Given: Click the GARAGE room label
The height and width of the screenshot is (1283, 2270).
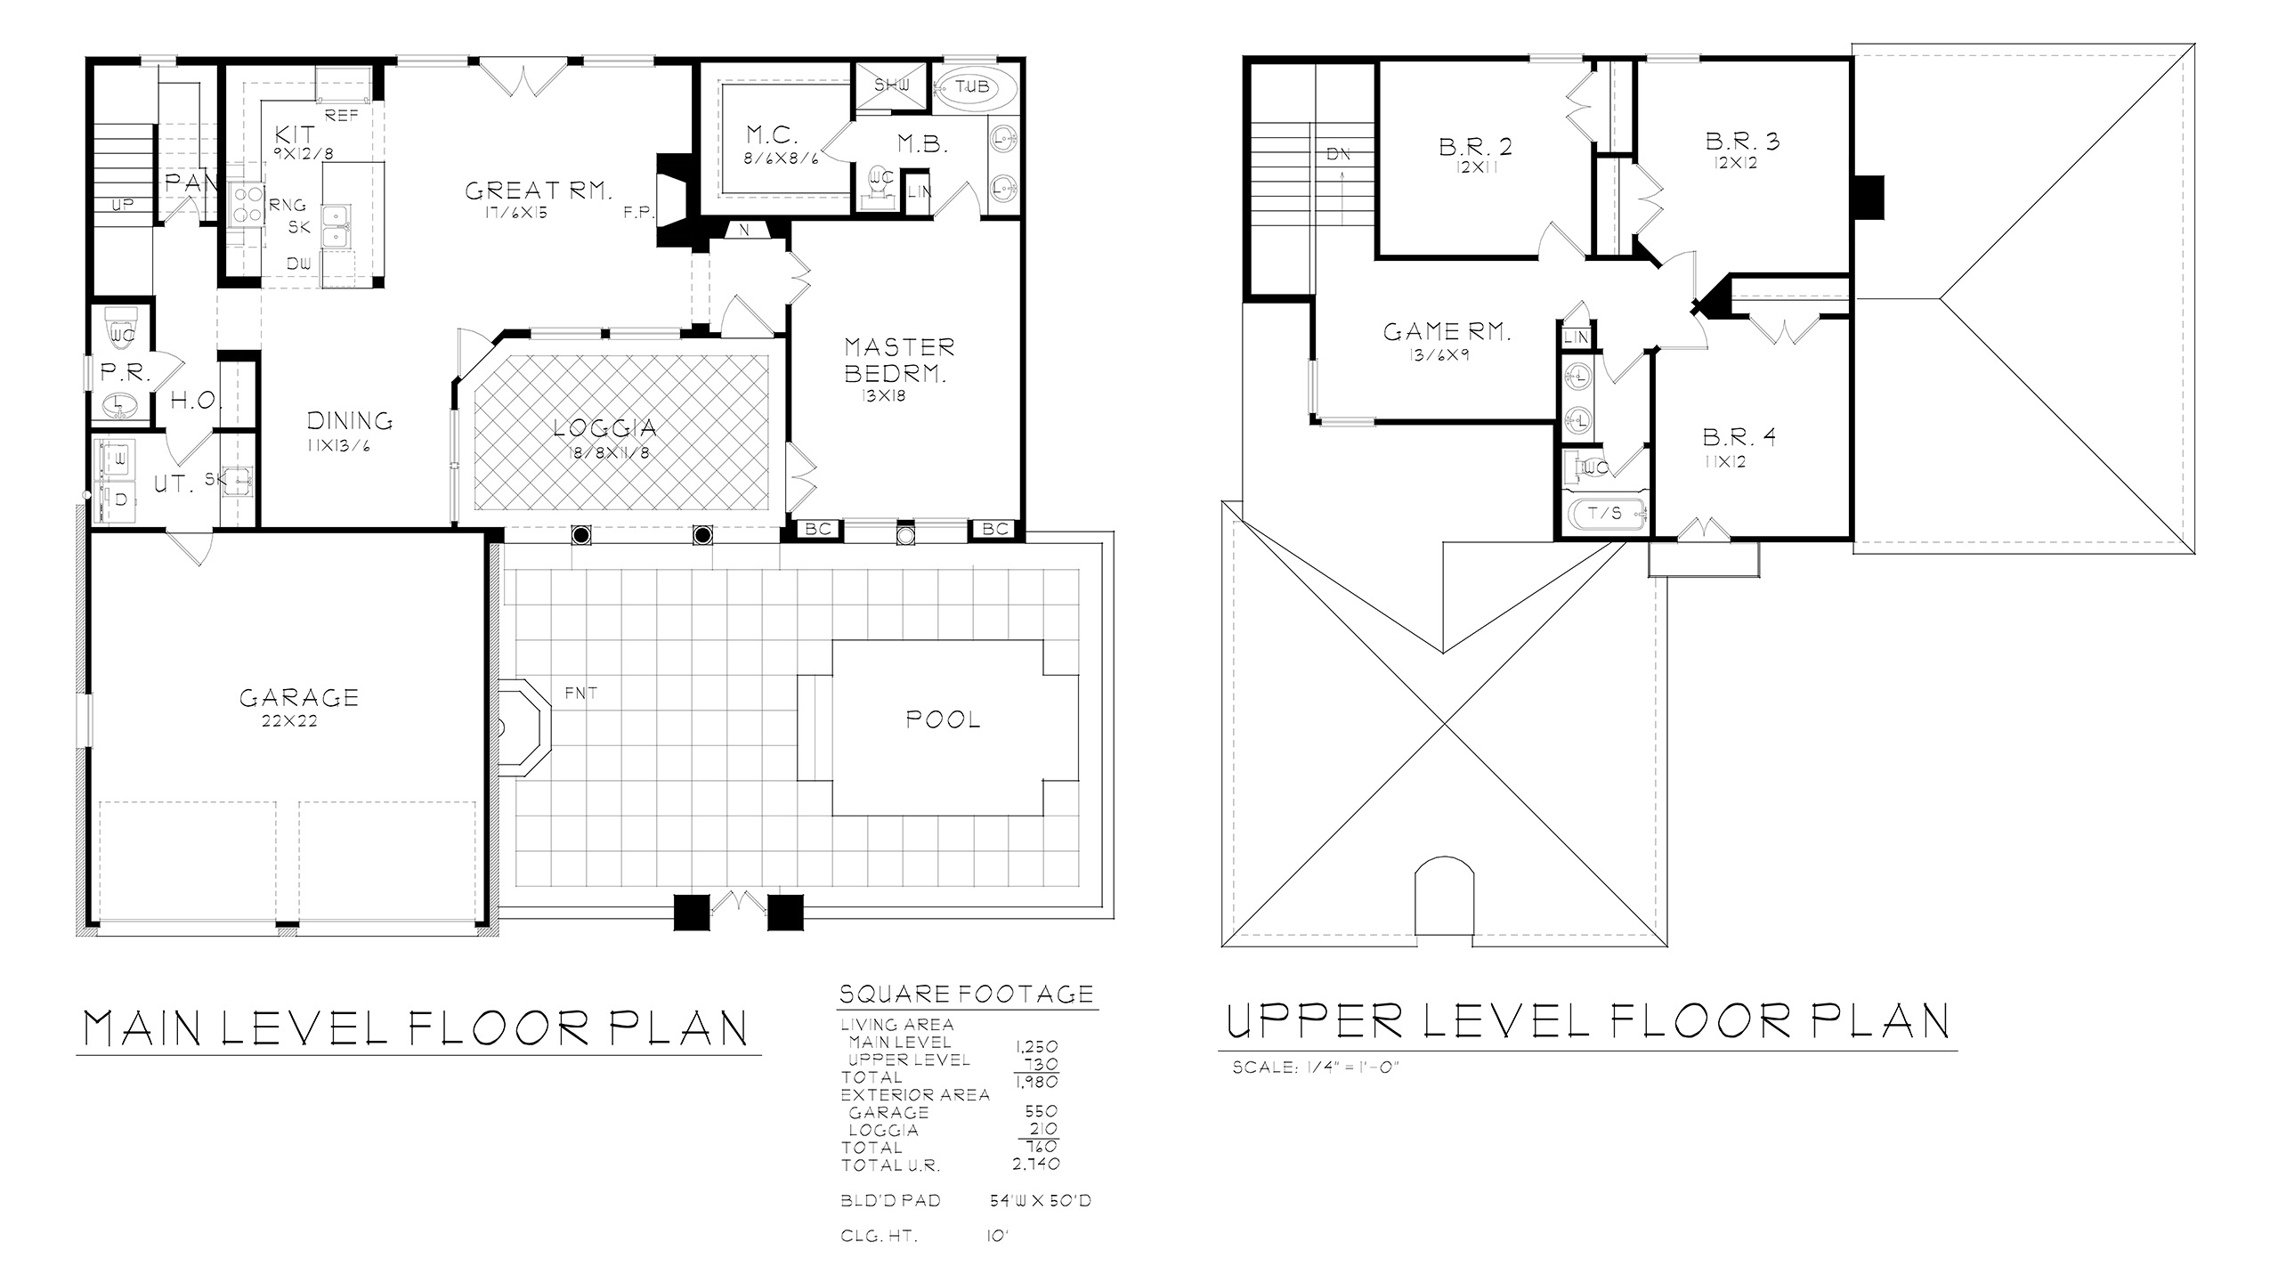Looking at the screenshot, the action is point(299,697).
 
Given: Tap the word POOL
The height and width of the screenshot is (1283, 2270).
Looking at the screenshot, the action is point(943,719).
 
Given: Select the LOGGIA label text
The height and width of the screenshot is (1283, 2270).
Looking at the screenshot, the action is point(605,428).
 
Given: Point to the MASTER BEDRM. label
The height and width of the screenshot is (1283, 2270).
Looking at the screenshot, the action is point(899,360).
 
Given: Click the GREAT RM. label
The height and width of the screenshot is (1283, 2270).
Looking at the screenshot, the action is point(539,191).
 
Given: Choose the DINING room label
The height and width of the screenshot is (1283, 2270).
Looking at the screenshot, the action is point(350,420).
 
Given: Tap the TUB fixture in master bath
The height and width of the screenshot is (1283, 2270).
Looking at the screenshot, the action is point(972,87).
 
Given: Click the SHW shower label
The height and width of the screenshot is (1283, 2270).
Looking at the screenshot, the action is point(891,85).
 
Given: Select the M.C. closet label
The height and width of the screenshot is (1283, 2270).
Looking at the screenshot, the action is point(772,135).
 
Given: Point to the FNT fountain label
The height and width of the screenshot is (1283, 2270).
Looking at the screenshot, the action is point(581,693).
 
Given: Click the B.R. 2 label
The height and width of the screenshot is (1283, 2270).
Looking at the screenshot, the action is point(1475,146).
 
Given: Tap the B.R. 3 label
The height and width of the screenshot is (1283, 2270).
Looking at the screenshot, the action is point(1742,141).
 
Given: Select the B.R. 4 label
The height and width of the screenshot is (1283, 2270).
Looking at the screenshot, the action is point(1739,437).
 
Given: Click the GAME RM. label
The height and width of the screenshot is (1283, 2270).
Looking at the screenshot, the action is point(1447,332).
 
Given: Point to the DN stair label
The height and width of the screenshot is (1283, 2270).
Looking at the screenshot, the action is point(1339,154).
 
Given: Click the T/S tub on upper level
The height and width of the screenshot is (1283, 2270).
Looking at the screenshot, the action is point(1605,514).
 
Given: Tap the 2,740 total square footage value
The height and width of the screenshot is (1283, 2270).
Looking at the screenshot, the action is point(1036,1164).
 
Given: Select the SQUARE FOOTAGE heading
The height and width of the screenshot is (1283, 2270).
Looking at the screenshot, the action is point(967,994).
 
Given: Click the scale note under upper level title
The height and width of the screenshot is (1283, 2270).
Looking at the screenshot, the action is point(1317,1068).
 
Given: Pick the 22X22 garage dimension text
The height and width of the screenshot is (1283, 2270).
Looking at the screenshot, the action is point(289,721).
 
